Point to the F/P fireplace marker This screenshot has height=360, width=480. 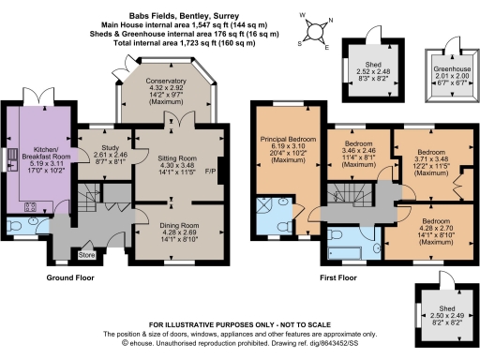(x=210, y=172)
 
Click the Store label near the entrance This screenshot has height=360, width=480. (x=87, y=254)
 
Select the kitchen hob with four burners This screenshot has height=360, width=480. (x=31, y=208)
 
